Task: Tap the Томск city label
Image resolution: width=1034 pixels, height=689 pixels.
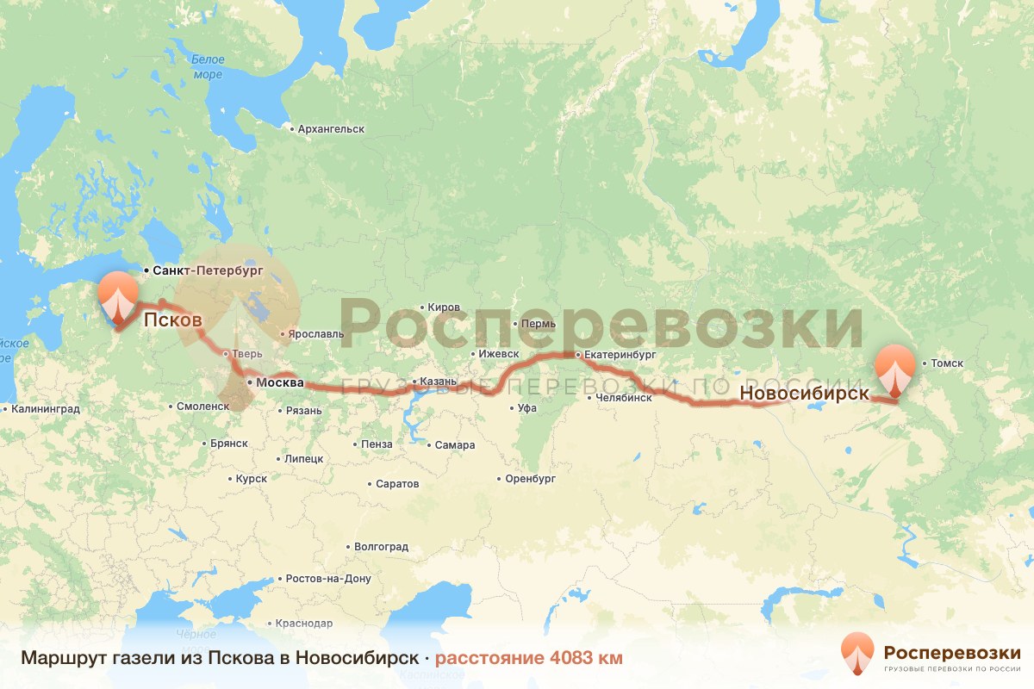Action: [x=946, y=363]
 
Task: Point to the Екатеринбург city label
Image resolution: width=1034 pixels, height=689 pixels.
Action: [x=620, y=354]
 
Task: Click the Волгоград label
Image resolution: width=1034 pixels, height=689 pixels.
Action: [x=381, y=547]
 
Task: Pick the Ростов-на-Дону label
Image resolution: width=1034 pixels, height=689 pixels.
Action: [x=328, y=579]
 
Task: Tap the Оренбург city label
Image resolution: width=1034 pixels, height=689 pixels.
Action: [x=530, y=479]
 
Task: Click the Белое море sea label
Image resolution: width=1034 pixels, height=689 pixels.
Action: [x=207, y=67]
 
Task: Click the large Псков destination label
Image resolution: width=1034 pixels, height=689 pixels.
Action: [x=172, y=320]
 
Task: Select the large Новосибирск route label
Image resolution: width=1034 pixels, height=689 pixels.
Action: [x=803, y=393]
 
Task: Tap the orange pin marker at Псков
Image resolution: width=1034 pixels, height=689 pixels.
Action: [x=116, y=298]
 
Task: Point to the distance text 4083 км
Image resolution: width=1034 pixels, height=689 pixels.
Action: [x=528, y=658]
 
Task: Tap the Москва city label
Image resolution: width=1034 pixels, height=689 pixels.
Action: [x=280, y=382]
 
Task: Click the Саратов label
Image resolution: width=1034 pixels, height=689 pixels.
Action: [x=397, y=484]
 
